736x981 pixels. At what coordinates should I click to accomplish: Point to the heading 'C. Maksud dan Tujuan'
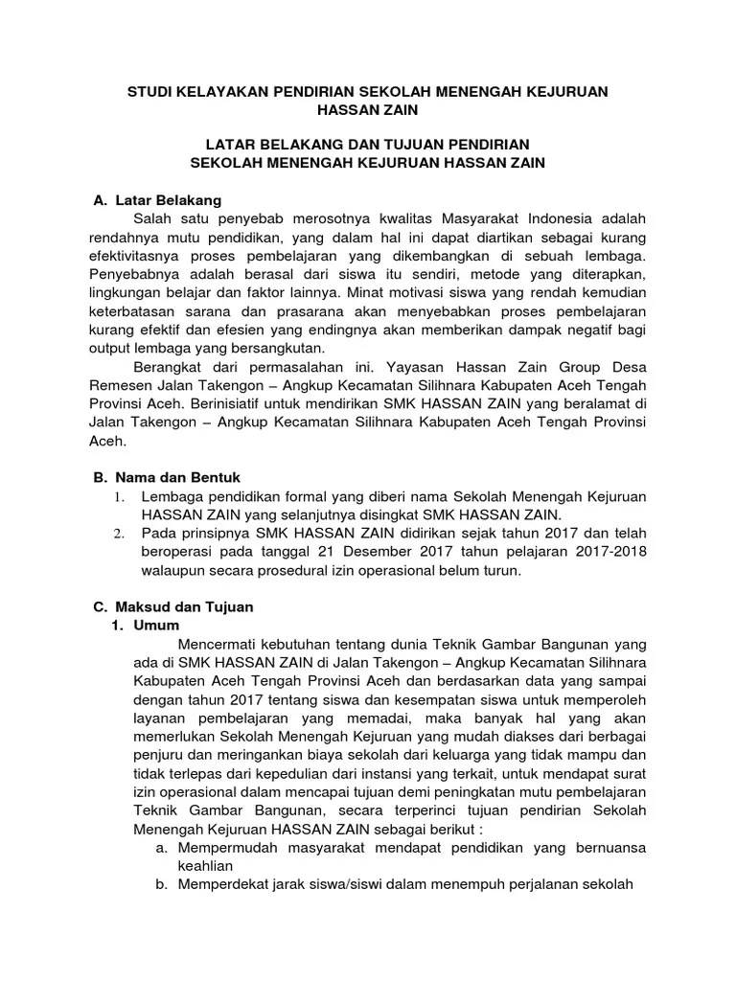172,607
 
